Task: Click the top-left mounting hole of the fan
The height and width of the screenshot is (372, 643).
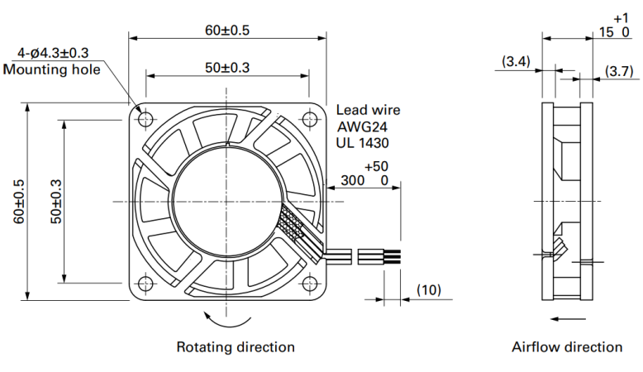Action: [145, 120]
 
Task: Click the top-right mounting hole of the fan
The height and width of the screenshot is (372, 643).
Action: [309, 119]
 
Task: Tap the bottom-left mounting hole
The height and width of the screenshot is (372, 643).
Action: [145, 283]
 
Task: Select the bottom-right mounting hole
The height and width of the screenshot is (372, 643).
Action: [309, 283]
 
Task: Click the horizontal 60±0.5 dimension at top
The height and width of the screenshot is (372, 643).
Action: [227, 31]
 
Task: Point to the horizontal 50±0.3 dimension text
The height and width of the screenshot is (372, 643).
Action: [227, 68]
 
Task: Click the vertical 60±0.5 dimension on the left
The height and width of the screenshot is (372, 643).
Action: [19, 202]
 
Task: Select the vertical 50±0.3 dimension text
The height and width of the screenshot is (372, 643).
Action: [56, 202]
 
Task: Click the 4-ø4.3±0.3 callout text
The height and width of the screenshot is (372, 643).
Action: [53, 53]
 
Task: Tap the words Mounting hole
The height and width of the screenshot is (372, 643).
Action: [52, 69]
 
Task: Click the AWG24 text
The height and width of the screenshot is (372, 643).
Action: [362, 126]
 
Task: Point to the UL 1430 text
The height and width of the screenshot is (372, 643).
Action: [363, 143]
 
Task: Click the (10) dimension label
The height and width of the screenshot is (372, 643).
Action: [429, 290]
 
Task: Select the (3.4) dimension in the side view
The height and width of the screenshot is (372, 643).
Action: [517, 61]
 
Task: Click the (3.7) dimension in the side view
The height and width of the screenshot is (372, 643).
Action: [619, 71]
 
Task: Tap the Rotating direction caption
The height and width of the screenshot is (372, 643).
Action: [236, 347]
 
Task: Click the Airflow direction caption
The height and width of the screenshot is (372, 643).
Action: [567, 347]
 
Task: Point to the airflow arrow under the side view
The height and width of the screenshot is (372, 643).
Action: [568, 319]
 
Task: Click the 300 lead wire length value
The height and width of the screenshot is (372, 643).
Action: [353, 180]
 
